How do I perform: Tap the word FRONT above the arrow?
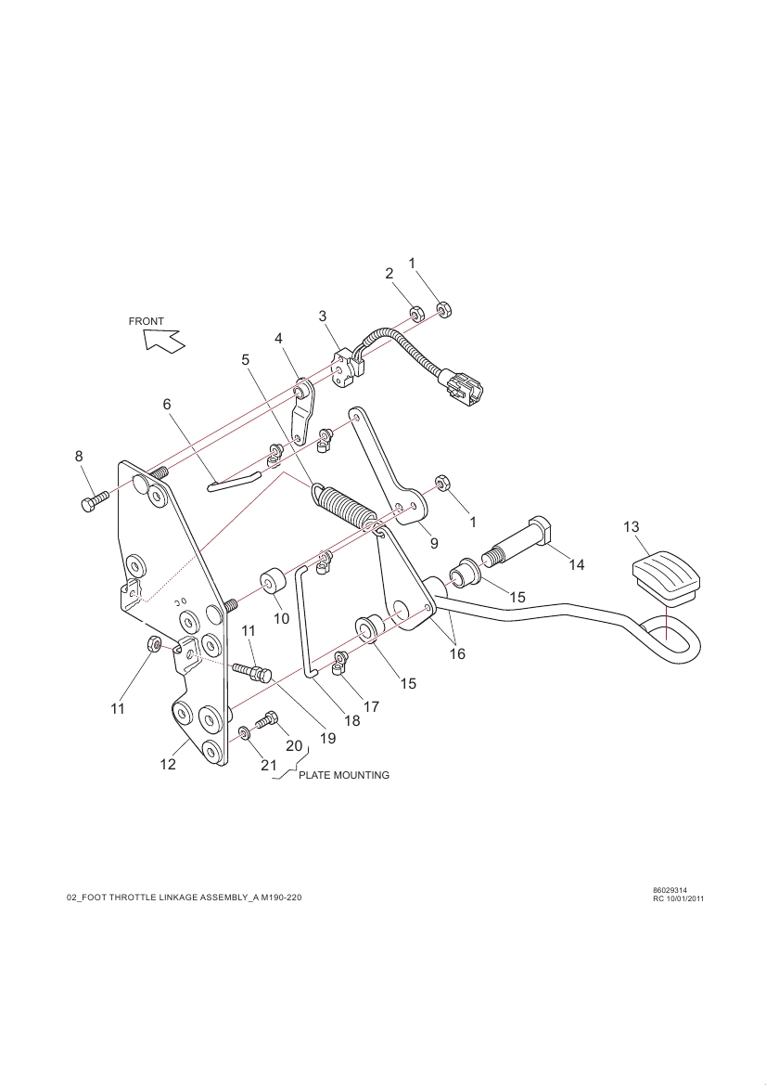click(147, 321)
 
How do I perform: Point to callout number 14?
click(577, 564)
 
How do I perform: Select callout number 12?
click(168, 765)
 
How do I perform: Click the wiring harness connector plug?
click(461, 386)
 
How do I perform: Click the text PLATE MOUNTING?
click(344, 774)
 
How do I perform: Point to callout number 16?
click(457, 653)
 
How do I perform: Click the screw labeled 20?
click(267, 718)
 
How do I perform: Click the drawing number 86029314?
click(670, 890)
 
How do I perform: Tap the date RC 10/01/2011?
click(679, 898)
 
